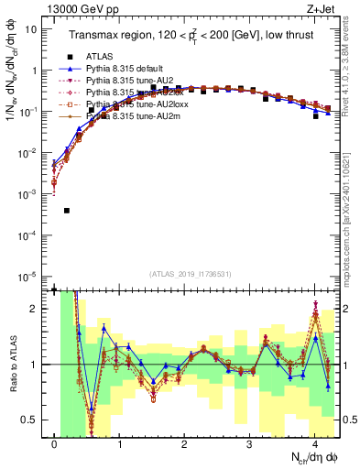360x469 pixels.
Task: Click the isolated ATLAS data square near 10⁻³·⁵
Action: pyautogui.click(x=67, y=211)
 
